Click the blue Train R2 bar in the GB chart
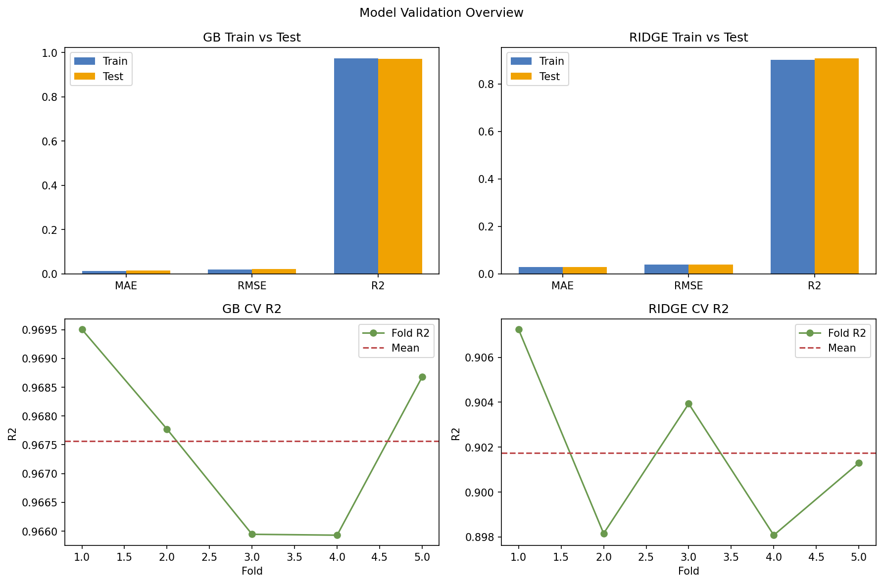tap(356, 166)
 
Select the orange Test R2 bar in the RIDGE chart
tap(836, 166)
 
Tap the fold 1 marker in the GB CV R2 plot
tap(82, 329)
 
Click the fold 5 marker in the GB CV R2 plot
tap(422, 377)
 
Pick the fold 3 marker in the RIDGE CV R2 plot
tap(688, 404)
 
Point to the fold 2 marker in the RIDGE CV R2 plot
tap(604, 534)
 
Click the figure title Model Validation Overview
tap(441, 13)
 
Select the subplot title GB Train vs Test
tap(251, 38)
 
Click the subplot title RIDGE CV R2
tap(688, 309)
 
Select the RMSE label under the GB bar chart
tap(252, 286)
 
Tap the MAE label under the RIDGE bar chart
tap(562, 286)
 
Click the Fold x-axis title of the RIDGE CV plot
tap(688, 571)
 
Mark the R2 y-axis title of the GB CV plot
tap(13, 434)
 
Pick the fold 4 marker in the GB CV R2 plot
tap(337, 535)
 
